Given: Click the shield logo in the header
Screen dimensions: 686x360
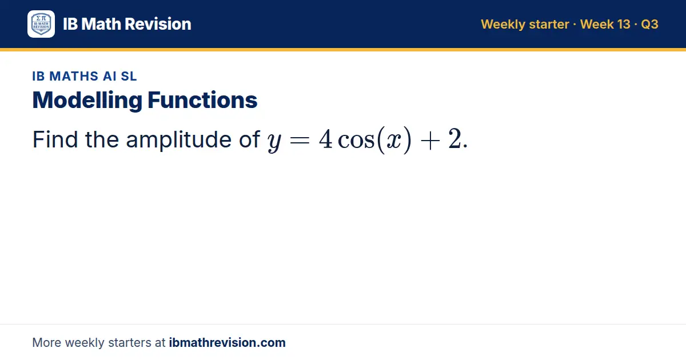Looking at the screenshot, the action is pyautogui.click(x=41, y=24).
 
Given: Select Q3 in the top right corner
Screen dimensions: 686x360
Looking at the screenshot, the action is pyautogui.click(x=649, y=24).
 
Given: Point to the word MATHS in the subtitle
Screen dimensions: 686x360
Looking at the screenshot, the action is pyautogui.click(x=74, y=76).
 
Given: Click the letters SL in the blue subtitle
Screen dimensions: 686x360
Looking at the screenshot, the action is pyautogui.click(x=129, y=76).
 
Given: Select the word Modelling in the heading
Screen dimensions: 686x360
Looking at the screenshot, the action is pyautogui.click(x=87, y=101).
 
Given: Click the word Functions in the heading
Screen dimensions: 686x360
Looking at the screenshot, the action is pyautogui.click(x=202, y=100).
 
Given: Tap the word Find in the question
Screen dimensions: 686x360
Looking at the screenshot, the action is pyautogui.click(x=55, y=139).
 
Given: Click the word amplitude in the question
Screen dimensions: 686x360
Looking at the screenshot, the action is pyautogui.click(x=178, y=141).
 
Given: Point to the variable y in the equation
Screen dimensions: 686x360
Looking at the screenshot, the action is pyautogui.click(x=274, y=142).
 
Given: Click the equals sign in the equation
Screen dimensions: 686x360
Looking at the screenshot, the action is pyautogui.click(x=300, y=141).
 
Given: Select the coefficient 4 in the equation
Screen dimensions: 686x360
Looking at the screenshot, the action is pyautogui.click(x=325, y=139).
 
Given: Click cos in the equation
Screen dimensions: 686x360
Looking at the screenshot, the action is pyautogui.click(x=356, y=141).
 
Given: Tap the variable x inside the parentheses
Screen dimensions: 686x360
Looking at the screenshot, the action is pyautogui.click(x=394, y=141).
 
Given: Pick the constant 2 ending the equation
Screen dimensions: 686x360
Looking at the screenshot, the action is pyautogui.click(x=454, y=139).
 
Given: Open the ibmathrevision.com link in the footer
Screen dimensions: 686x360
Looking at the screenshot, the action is pyautogui.click(x=228, y=342).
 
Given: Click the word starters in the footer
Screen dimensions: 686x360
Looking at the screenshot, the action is pyautogui.click(x=130, y=343).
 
